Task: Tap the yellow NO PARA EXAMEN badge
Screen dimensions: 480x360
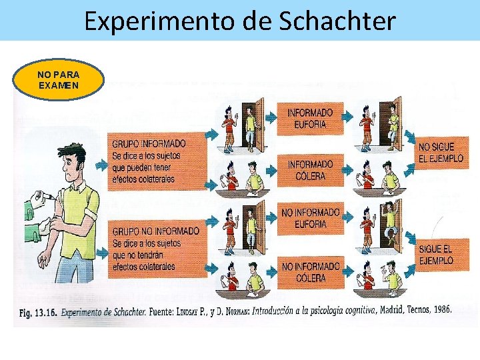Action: coord(59,81)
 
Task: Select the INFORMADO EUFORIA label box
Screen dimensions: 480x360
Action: coord(310,119)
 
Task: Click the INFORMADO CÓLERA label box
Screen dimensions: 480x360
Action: coord(310,170)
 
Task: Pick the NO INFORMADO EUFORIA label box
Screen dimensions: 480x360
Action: coord(310,218)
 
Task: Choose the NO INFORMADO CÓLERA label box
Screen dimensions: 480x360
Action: coord(310,272)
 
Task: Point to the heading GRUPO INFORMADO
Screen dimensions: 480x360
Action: coord(149,143)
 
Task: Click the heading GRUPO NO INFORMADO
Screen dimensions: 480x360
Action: coord(155,231)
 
